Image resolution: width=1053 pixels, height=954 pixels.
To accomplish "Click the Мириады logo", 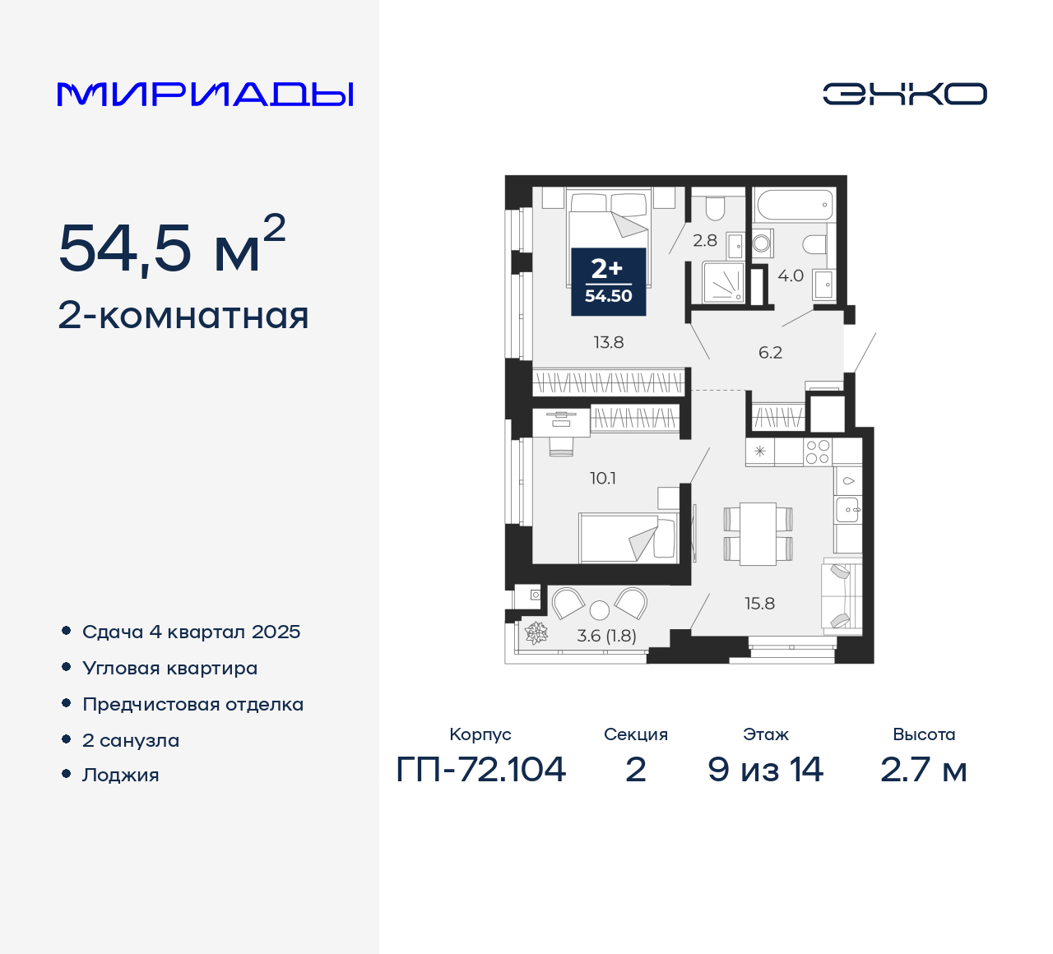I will [x=205, y=95].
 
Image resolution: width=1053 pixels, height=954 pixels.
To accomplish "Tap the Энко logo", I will [x=904, y=94].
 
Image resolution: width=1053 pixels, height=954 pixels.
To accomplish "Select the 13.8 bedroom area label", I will [x=609, y=342].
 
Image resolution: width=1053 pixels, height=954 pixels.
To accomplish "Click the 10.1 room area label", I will [x=603, y=478].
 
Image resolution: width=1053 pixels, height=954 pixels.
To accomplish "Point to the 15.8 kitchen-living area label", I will [x=759, y=604].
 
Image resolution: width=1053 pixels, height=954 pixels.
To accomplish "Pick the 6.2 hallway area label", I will [x=770, y=353].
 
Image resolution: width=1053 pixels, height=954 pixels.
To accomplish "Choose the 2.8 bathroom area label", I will [x=705, y=241].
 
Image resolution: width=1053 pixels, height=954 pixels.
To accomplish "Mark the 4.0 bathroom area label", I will [x=791, y=276].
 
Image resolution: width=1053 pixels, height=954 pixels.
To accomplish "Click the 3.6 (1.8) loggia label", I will [x=606, y=636].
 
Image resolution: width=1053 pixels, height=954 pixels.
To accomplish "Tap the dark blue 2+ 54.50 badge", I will [x=609, y=281].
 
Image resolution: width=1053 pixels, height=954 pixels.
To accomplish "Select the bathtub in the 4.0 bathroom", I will [x=795, y=205].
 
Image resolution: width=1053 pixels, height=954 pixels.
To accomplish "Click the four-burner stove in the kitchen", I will [x=817, y=452].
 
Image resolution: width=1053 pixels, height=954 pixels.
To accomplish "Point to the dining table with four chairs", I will [x=758, y=534].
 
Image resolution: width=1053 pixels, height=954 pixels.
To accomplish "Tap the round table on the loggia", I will [x=600, y=609].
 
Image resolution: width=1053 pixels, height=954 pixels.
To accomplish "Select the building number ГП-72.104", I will [x=481, y=770].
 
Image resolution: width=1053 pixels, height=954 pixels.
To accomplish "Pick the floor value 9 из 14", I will [x=765, y=770].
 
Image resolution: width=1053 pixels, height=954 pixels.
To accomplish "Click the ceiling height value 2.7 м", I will [x=923, y=770].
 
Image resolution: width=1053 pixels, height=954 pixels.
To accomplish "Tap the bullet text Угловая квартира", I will [x=170, y=669].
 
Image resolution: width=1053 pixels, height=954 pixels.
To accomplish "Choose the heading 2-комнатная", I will [x=183, y=316].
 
